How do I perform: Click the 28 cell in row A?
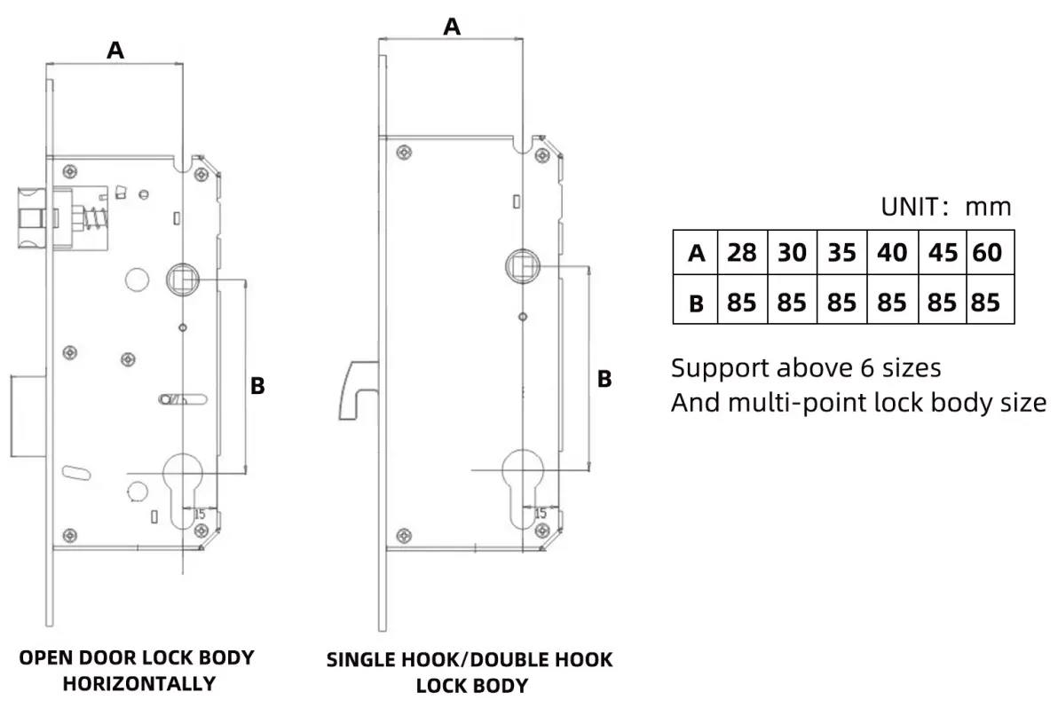pyautogui.click(x=742, y=253)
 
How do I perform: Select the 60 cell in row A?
pyautogui.click(x=987, y=253)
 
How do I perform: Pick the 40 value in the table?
pyautogui.click(x=892, y=253)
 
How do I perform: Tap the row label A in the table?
pyautogui.click(x=697, y=254)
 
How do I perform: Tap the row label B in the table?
pyautogui.click(x=697, y=303)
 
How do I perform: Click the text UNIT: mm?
pyautogui.click(x=945, y=207)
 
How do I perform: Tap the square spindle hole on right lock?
pyautogui.click(x=521, y=264)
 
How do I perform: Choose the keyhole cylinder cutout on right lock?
pyautogui.click(x=521, y=484)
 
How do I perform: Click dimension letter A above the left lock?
pyautogui.click(x=115, y=51)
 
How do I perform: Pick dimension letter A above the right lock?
pyautogui.click(x=452, y=27)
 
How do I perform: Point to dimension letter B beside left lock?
pyautogui.click(x=257, y=386)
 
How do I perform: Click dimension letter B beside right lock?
pyautogui.click(x=604, y=379)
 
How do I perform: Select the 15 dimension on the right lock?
pyautogui.click(x=540, y=513)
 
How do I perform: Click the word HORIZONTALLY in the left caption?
pyautogui.click(x=138, y=683)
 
